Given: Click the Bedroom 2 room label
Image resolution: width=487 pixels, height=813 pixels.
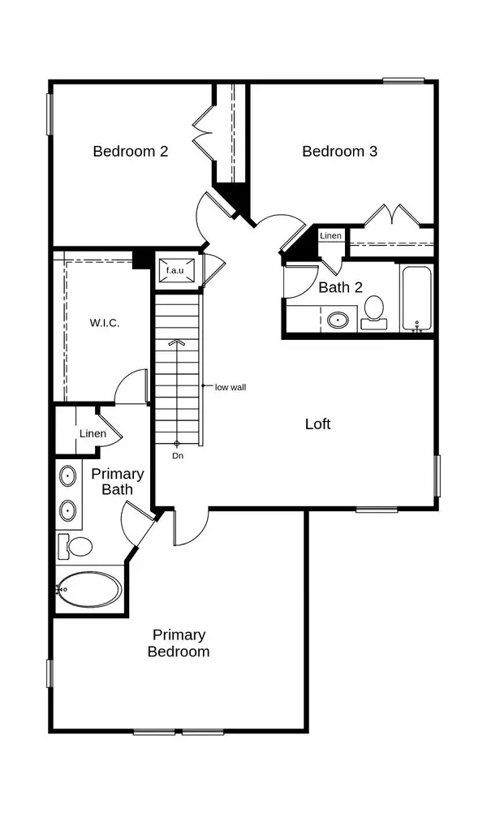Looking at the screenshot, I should (x=130, y=151).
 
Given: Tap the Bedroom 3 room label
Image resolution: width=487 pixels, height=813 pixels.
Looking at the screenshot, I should (x=339, y=151).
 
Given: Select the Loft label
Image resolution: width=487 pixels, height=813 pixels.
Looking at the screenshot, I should (x=317, y=424).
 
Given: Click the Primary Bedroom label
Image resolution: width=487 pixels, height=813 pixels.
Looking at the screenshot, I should (x=179, y=643).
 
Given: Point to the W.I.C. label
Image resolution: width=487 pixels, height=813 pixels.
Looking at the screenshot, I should (x=104, y=323).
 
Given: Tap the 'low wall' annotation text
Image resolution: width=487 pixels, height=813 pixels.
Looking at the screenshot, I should (x=230, y=387).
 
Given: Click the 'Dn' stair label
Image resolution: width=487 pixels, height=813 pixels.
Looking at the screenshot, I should (x=178, y=456).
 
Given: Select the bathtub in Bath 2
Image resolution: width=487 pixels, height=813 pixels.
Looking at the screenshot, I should (x=417, y=298).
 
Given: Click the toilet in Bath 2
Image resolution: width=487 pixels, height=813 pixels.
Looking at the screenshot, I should (x=373, y=312).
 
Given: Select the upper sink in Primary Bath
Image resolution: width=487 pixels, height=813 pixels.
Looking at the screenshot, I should (x=67, y=475).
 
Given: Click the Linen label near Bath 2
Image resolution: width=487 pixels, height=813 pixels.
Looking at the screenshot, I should (x=330, y=235).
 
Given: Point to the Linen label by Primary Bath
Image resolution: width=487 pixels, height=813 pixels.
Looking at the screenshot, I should (x=93, y=433).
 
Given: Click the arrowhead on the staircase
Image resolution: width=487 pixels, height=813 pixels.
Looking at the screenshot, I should (x=177, y=343).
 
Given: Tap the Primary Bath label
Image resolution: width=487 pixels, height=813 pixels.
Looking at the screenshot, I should (x=118, y=481).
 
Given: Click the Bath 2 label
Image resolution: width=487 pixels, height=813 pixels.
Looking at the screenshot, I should (x=339, y=286).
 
